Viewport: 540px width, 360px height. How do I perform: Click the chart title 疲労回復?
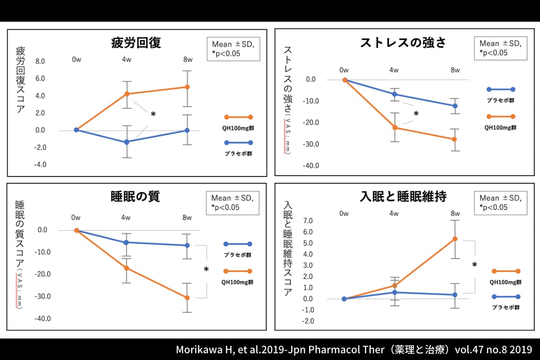pyautogui.click(x=135, y=43)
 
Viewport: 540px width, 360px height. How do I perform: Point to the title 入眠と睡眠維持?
pyautogui.click(x=403, y=197)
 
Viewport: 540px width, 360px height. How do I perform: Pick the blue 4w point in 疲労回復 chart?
pyautogui.click(x=127, y=142)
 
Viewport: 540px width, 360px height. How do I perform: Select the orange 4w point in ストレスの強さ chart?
pyautogui.click(x=395, y=127)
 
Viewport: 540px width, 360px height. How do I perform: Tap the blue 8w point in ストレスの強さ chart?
pyautogui.click(x=455, y=106)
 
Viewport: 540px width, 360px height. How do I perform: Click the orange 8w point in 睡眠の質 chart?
pyautogui.click(x=187, y=297)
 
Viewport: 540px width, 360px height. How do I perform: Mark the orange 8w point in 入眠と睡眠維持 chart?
pyautogui.click(x=455, y=238)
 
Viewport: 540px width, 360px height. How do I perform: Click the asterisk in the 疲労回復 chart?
pyautogui.click(x=153, y=115)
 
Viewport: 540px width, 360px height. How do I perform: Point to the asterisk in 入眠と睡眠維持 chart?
pyautogui.click(x=474, y=265)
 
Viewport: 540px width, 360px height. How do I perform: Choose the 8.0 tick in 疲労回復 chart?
pyautogui.click(x=40, y=61)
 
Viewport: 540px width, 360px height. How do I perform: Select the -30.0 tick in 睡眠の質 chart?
pyautogui.click(x=43, y=297)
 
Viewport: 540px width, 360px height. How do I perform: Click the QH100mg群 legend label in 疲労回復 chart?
pyautogui.click(x=237, y=128)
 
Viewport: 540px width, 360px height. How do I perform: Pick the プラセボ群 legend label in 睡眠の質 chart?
pyautogui.click(x=238, y=255)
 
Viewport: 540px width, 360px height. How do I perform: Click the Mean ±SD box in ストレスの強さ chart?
pyautogui.click(x=500, y=48)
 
